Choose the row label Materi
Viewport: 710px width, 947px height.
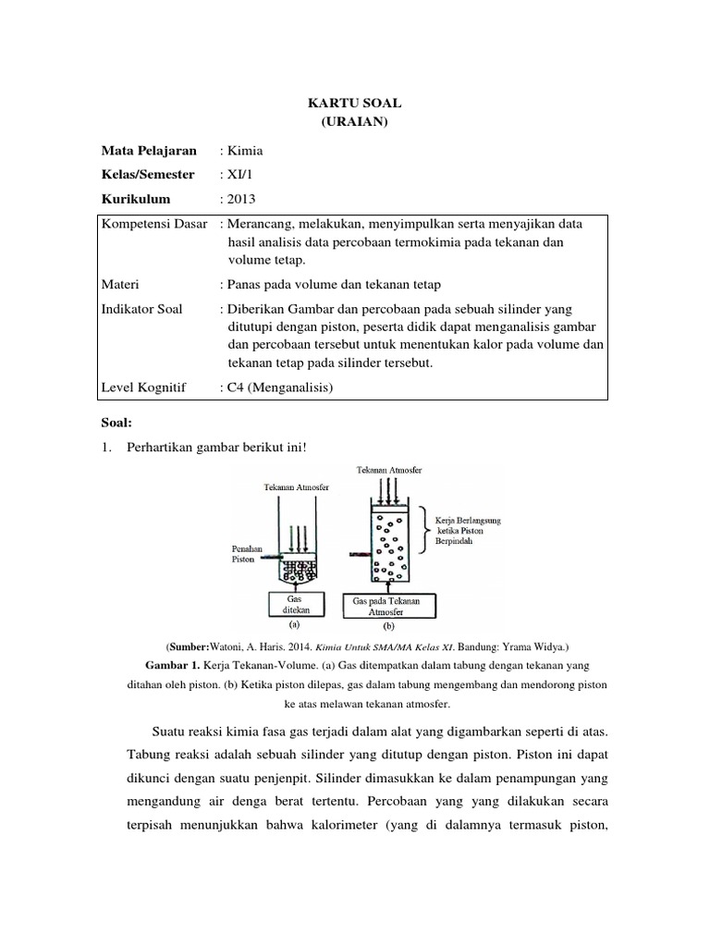[121, 285]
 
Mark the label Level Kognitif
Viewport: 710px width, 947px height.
[146, 388]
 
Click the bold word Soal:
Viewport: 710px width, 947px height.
[117, 422]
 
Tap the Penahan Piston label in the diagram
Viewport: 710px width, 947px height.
[242, 553]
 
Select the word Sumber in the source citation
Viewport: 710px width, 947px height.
[188, 645]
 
